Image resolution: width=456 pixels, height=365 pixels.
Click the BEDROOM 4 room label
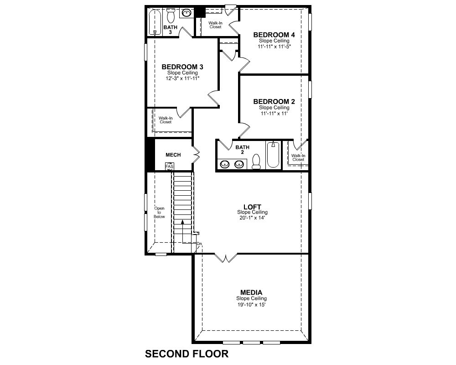tap(274, 35)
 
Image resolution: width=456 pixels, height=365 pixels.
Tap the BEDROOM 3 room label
tap(182, 67)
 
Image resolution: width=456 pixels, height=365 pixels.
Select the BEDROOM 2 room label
tap(274, 102)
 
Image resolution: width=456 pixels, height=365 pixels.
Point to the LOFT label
tap(252, 207)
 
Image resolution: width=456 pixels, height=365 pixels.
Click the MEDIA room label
tap(251, 292)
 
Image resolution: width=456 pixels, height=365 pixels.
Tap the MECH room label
tap(173, 155)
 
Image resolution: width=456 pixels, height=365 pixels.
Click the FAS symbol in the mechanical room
tap(169, 167)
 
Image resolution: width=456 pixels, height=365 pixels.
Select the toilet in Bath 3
tap(171, 16)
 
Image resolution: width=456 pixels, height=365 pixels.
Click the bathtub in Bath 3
tap(155, 22)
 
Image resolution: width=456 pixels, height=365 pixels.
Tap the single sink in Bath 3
tap(187, 13)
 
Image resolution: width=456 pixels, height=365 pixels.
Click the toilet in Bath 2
tap(256, 162)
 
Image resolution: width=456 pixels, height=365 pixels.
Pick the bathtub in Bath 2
tap(273, 155)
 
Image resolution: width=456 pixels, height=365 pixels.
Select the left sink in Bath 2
tap(224, 164)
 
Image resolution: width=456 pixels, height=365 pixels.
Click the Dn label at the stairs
tap(199, 243)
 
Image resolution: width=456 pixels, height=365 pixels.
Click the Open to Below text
tap(159, 213)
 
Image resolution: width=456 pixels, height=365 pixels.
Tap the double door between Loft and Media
tap(226, 258)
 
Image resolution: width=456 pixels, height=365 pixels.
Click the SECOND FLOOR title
tap(187, 354)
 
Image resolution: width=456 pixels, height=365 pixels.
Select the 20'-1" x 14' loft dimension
tap(252, 218)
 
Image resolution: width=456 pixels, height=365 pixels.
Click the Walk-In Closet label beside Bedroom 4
tap(215, 25)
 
